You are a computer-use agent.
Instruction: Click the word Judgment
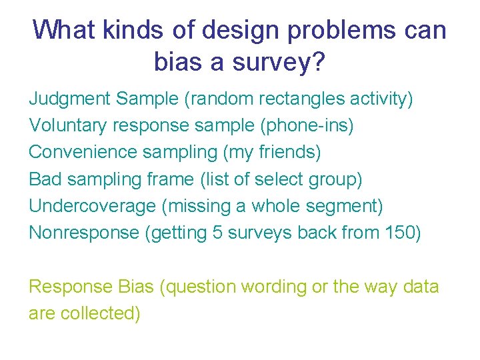coord(69,99)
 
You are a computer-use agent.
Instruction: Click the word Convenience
coord(82,153)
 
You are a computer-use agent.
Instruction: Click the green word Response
coord(71,287)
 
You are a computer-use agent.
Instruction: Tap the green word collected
coord(102,313)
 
